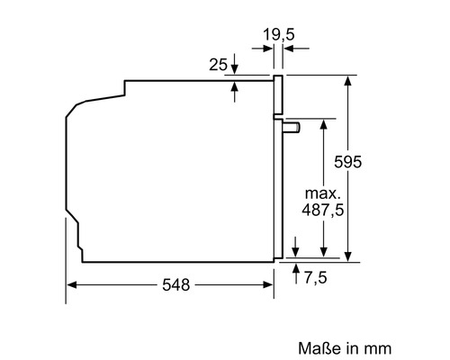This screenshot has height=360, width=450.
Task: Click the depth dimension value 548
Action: point(176,285)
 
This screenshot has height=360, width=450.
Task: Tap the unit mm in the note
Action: point(378,346)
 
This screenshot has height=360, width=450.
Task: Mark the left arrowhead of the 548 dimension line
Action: point(72,285)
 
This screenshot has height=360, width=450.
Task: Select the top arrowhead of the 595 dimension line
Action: point(348,80)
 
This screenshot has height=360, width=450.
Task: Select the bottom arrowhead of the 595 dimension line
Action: point(348,256)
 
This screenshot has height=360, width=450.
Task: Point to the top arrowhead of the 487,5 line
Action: point(320,123)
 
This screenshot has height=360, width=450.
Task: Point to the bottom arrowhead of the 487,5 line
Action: point(320,256)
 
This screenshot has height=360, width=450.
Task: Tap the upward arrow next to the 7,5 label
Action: point(296,268)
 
